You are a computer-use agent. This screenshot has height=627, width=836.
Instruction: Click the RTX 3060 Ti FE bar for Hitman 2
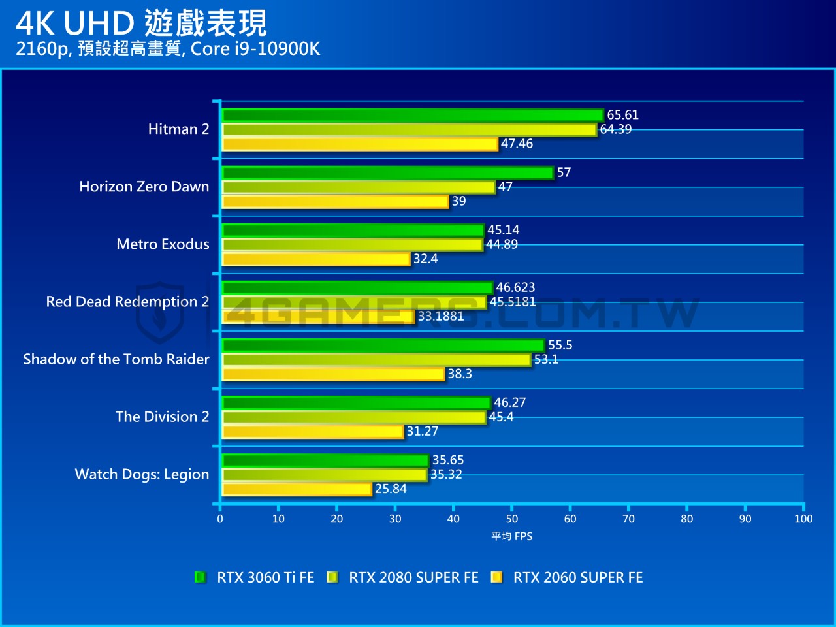point(413,116)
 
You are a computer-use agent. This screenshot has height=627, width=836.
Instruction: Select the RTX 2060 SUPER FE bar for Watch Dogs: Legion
point(297,489)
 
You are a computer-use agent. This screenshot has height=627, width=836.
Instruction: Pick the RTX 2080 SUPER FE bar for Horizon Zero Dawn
point(359,187)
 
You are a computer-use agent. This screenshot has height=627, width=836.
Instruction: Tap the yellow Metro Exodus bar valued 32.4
point(316,259)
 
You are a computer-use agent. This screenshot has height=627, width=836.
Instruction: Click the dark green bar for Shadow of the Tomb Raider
point(383,346)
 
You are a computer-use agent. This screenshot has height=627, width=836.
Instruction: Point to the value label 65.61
point(622,115)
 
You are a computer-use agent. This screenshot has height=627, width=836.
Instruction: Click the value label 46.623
point(515,287)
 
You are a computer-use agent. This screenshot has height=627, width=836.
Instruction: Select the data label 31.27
point(423,431)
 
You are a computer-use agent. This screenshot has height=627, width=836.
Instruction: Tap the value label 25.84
point(391,489)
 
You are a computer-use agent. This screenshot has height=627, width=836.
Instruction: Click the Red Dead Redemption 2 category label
point(127,302)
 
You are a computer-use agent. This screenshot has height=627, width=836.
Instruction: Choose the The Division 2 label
point(162,417)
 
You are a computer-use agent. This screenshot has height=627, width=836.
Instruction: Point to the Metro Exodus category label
point(163,244)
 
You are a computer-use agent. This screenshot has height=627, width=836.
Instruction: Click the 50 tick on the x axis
point(512,519)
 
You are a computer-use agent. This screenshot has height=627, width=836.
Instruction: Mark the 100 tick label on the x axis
point(803,519)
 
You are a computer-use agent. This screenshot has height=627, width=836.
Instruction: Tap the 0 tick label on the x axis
point(220,519)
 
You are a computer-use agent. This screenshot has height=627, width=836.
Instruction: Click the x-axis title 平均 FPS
point(512,536)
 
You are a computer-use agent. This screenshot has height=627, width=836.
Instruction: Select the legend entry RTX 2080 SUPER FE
point(413,577)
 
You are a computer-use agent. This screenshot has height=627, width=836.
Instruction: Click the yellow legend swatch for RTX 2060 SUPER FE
point(496,577)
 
